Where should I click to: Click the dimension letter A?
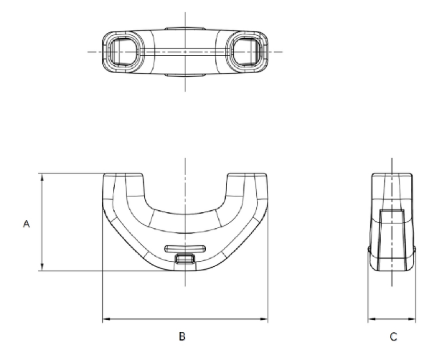[27, 224]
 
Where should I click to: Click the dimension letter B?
[182, 336]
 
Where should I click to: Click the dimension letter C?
[393, 337]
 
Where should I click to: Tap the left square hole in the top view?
[123, 52]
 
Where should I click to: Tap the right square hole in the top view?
[247, 52]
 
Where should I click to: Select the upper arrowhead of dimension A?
[42, 177]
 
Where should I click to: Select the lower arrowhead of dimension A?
[42, 267]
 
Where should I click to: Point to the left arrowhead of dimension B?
[106, 319]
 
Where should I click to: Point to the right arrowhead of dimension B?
[264, 319]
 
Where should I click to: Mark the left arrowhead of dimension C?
[372, 319]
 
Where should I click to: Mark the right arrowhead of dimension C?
[412, 319]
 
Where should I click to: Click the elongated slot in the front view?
[185, 249]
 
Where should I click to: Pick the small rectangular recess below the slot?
[185, 259]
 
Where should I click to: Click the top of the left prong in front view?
[123, 174]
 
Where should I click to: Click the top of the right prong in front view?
[247, 174]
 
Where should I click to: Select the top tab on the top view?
[185, 29]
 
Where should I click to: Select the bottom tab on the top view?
[185, 75]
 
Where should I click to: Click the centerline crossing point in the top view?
[185, 52]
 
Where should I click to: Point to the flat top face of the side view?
[392, 174]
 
